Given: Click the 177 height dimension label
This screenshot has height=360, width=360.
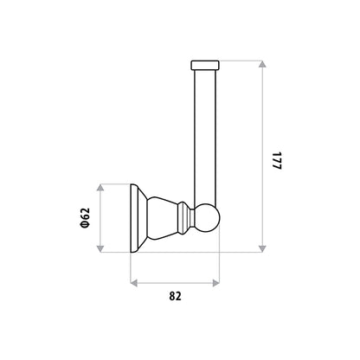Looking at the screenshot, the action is pos(277,160).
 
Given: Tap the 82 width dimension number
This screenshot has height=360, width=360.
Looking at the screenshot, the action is pos(175,296).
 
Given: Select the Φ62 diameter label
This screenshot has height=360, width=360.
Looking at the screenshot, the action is pos(86,218).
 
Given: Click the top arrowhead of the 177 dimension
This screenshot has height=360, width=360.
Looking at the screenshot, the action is pos(262,64).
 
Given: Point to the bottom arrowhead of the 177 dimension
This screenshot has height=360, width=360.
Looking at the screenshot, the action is pos(262,248).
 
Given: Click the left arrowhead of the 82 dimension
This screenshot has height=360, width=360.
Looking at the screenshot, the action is pos(134,283).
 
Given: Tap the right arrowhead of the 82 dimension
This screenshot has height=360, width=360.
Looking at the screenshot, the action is pos(215,283).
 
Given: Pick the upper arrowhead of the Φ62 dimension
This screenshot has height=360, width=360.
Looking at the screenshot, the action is pos(100,188).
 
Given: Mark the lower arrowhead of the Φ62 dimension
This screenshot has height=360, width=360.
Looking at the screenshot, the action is pos(100,248).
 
